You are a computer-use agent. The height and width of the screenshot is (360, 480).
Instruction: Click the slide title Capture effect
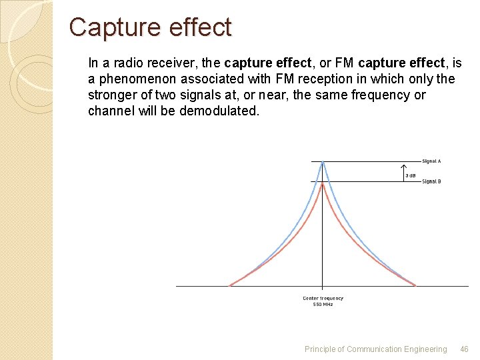[150, 27]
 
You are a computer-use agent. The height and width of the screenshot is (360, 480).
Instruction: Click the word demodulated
[218, 111]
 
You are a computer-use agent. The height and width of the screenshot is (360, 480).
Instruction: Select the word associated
[216, 79]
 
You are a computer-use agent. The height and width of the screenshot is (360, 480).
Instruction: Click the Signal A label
[431, 161]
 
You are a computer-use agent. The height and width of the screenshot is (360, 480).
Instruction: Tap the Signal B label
[431, 182]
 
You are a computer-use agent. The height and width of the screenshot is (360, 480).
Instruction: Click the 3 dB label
[411, 175]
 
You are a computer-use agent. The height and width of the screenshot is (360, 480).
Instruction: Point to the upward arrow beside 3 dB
[403, 171]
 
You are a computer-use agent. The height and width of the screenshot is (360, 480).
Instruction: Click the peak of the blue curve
[323, 162]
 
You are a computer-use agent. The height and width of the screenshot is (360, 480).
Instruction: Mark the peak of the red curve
[323, 183]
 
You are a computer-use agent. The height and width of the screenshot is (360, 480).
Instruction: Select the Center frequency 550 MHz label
[323, 301]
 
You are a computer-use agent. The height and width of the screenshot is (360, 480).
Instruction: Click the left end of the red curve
[231, 285]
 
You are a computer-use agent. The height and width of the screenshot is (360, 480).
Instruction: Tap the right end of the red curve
[415, 285]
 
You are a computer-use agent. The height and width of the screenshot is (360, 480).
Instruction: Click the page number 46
[465, 349]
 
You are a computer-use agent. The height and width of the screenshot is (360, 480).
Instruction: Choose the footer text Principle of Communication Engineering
[375, 349]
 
